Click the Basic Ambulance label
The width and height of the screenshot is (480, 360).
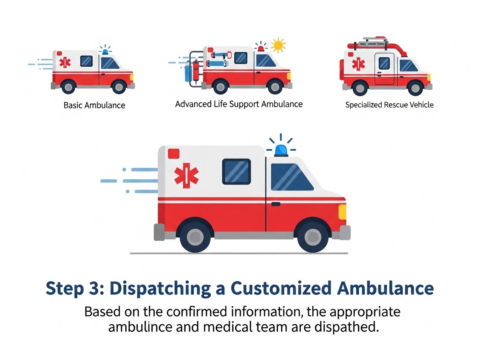click(x=94, y=105)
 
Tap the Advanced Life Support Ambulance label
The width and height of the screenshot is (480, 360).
click(x=239, y=104)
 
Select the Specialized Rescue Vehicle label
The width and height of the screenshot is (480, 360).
click(x=389, y=105)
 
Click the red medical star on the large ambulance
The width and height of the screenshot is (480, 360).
click(x=186, y=175)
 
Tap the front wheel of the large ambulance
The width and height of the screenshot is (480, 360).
click(x=313, y=237)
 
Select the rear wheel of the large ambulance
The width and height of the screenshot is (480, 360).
click(x=195, y=237)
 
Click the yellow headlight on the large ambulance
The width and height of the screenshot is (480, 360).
click(x=342, y=212)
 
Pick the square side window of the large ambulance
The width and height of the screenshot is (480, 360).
click(x=237, y=172)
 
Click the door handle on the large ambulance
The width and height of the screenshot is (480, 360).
click(x=276, y=204)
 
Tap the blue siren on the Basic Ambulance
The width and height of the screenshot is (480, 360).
click(x=106, y=52)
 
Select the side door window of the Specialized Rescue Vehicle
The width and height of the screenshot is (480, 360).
click(x=384, y=63)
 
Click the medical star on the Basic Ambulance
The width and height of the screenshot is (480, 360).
click(x=65, y=63)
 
